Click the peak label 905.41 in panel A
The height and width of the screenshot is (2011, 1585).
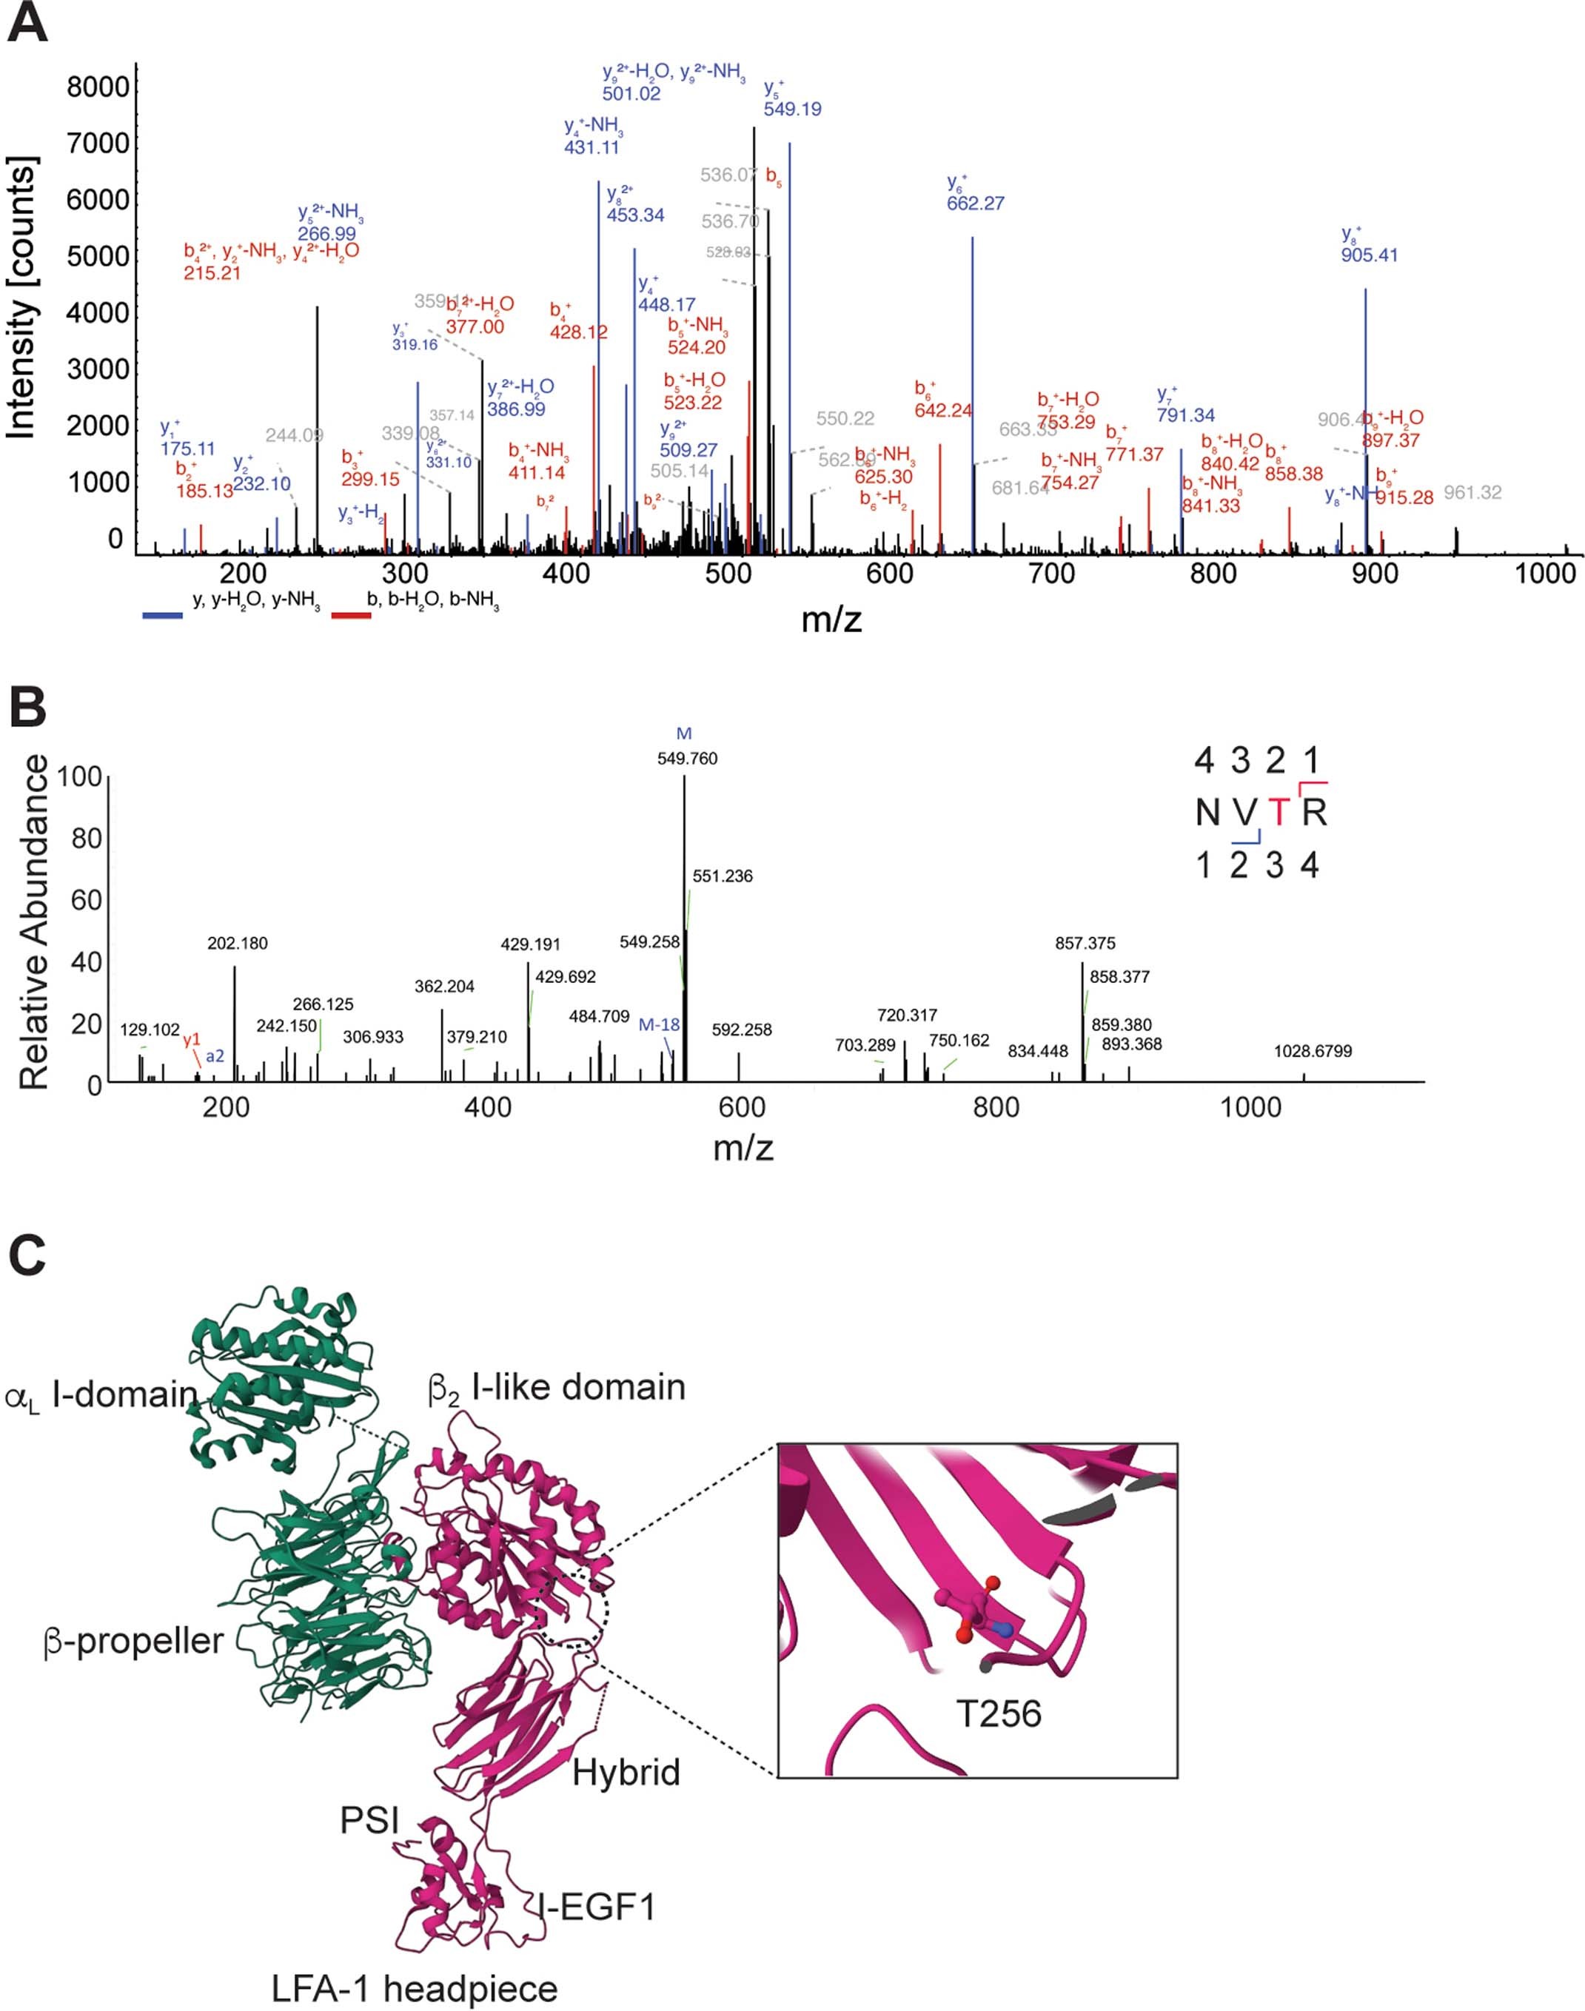[1369, 255]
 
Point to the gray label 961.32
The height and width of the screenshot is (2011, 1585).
[1472, 492]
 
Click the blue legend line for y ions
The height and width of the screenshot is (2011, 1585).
[162, 614]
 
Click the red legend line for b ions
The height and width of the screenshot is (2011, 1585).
[352, 614]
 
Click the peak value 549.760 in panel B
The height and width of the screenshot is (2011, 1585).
[687, 758]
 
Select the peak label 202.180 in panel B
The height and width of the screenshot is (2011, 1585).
[238, 944]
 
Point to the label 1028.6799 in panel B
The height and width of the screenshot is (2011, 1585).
[1313, 1051]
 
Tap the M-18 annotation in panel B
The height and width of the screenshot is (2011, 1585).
[659, 1025]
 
